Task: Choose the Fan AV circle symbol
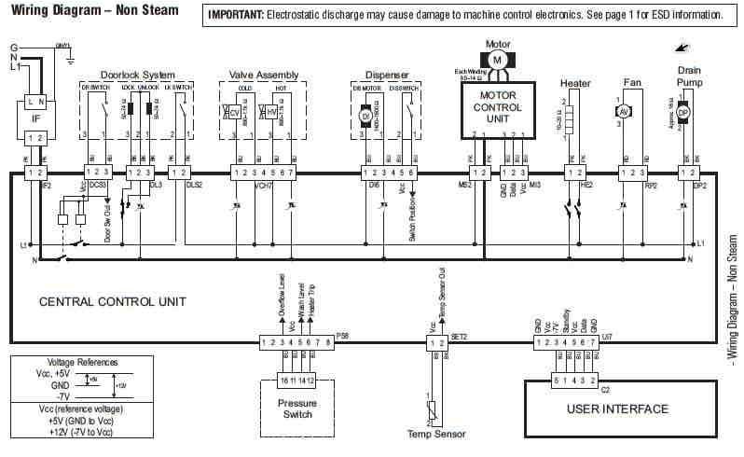click(626, 109)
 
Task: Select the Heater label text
click(576, 83)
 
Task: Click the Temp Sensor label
click(436, 434)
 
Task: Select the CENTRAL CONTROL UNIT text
click(112, 301)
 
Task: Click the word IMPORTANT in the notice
click(235, 16)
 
